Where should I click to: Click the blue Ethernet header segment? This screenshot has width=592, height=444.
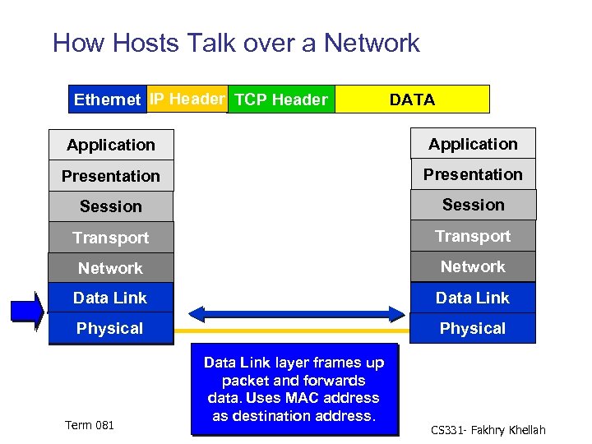pyautogui.click(x=108, y=99)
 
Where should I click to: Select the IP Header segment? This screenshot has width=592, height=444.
pyautogui.click(x=187, y=99)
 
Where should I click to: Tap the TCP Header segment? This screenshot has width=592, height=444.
pyautogui.click(x=281, y=99)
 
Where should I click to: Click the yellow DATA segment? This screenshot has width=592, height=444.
pyautogui.click(x=412, y=99)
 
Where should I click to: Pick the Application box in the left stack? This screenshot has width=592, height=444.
pyautogui.click(x=111, y=145)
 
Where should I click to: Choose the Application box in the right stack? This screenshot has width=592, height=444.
pyautogui.click(x=473, y=144)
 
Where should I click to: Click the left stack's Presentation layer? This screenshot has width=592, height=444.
pyautogui.click(x=111, y=176)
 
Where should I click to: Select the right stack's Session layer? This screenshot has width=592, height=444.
pyautogui.click(x=473, y=205)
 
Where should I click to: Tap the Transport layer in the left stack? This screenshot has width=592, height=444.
pyautogui.click(x=111, y=238)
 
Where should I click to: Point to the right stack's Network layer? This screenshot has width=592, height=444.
pyautogui.click(x=473, y=266)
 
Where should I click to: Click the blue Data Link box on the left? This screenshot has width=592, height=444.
pyautogui.click(x=111, y=298)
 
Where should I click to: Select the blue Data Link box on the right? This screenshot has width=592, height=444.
pyautogui.click(x=473, y=298)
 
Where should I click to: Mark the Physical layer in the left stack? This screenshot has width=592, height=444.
pyautogui.click(x=111, y=328)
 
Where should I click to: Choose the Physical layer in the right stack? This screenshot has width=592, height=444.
pyautogui.click(x=473, y=328)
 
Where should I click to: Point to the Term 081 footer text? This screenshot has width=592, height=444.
pyautogui.click(x=90, y=425)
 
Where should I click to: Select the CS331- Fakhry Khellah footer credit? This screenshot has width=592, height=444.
pyautogui.click(x=488, y=430)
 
